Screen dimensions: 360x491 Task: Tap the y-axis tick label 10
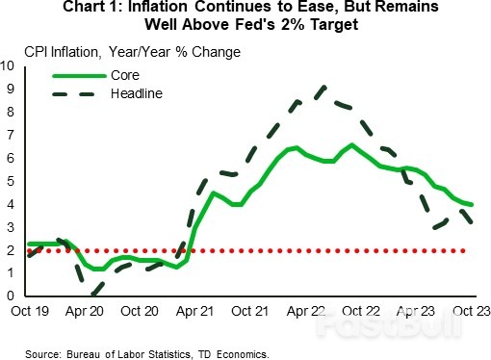point(8,66)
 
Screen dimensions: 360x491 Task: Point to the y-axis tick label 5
point(10,182)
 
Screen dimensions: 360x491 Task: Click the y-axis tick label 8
point(10,113)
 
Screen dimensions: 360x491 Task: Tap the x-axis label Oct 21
point(251,313)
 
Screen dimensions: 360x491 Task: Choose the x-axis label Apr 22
point(305,313)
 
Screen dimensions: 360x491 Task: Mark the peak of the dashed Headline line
point(322,88)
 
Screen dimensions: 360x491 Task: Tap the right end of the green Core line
point(472,204)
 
